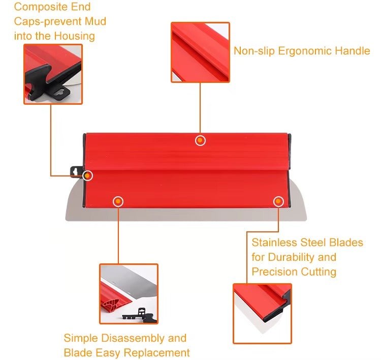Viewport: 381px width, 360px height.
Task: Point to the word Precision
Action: click(277, 272)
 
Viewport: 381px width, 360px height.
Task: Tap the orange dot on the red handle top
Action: click(201, 140)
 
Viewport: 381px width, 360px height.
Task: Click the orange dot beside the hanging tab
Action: click(88, 175)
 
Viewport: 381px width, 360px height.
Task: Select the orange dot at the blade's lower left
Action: click(118, 201)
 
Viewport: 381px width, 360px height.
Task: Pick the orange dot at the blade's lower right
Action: click(278, 201)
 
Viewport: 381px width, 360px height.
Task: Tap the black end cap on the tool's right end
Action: click(290, 153)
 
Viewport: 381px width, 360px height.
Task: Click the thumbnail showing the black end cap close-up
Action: click(53, 74)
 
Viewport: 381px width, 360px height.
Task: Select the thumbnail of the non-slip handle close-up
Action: click(200, 52)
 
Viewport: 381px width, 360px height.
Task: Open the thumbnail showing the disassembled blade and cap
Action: click(129, 293)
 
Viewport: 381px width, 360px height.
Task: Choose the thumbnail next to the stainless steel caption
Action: click(262, 313)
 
